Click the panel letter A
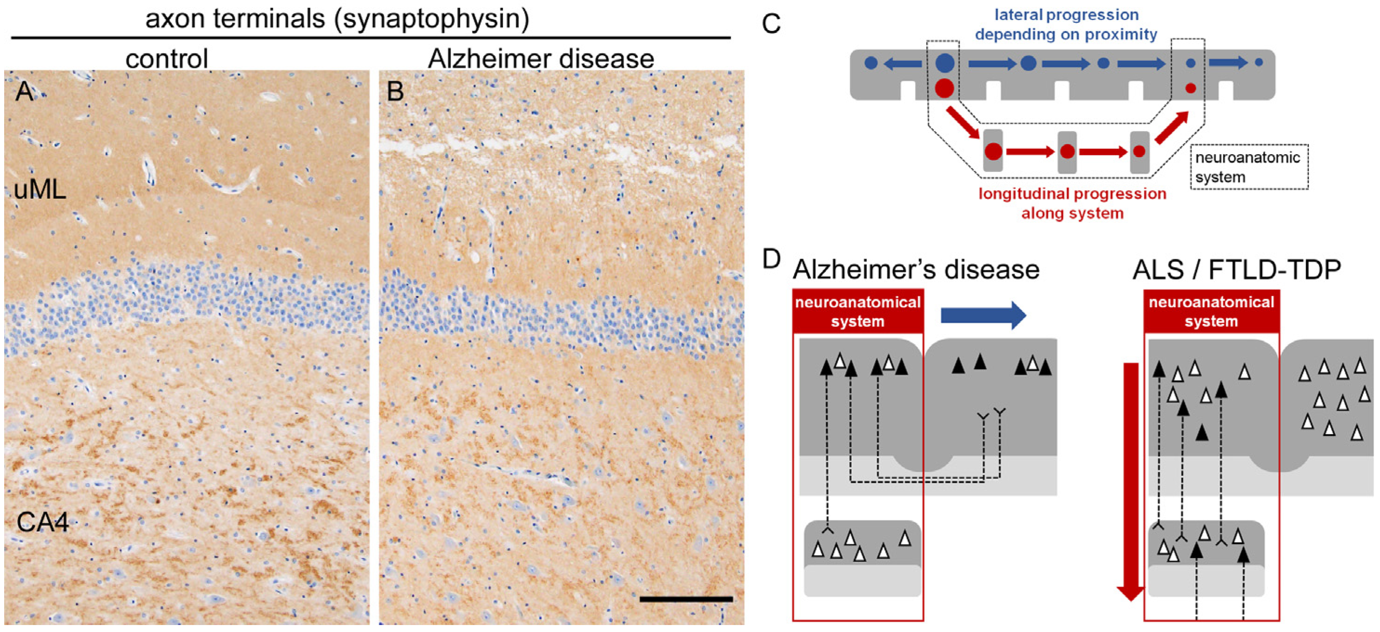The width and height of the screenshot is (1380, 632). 24,92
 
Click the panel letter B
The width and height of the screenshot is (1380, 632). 395,92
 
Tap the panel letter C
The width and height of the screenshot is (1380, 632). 771,25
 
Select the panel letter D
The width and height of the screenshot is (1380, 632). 771,260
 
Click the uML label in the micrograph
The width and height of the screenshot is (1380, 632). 40,190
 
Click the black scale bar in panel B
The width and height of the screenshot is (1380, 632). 686,599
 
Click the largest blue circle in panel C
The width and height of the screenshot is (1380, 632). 944,63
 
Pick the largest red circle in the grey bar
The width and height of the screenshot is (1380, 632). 944,88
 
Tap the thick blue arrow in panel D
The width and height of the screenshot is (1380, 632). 983,315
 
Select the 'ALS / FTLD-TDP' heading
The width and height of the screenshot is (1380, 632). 1236,270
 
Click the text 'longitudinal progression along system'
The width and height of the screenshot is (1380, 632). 1072,204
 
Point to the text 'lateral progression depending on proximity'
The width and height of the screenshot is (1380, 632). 1066,25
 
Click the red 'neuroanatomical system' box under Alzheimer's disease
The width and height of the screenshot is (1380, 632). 858,312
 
